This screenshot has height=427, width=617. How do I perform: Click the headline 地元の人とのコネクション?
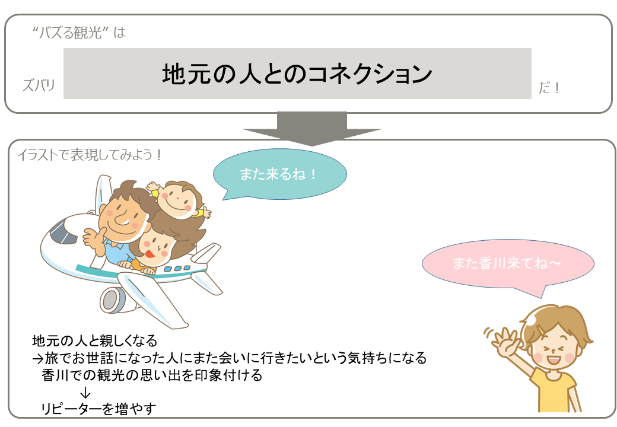[297, 74]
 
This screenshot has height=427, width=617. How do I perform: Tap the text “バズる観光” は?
[79, 32]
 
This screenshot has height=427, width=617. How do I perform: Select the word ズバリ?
[39, 85]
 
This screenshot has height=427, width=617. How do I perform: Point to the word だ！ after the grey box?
[549, 87]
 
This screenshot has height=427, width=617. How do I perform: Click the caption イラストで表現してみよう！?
[90, 155]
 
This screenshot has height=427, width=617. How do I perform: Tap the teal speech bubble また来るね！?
[279, 174]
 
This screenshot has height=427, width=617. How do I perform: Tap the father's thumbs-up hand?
[93, 238]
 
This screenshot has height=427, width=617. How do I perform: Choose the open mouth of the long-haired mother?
[150, 253]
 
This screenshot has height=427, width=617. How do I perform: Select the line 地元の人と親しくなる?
[95, 340]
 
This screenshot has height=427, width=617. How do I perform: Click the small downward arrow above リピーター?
[85, 392]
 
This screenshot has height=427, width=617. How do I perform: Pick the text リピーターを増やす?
[98, 409]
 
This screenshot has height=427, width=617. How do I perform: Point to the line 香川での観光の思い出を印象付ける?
[152, 375]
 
